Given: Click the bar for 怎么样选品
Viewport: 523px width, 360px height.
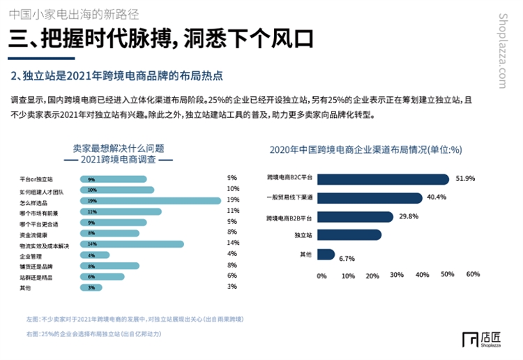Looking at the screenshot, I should (x=151, y=201).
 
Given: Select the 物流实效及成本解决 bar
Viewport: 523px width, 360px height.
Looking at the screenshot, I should (x=132, y=244).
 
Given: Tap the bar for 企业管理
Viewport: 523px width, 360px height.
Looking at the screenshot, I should (x=97, y=255).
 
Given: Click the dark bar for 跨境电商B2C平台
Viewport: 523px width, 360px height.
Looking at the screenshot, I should (x=383, y=179).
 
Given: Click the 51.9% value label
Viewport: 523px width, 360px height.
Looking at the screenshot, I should (x=465, y=179).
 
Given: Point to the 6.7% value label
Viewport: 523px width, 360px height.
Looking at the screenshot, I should (x=347, y=260).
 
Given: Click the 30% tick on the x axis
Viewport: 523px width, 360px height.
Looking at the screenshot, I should (x=397, y=274).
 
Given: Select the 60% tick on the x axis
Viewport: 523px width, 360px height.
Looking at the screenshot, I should (x=473, y=274).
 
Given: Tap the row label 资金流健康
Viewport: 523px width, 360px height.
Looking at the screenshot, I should (x=34, y=234).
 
